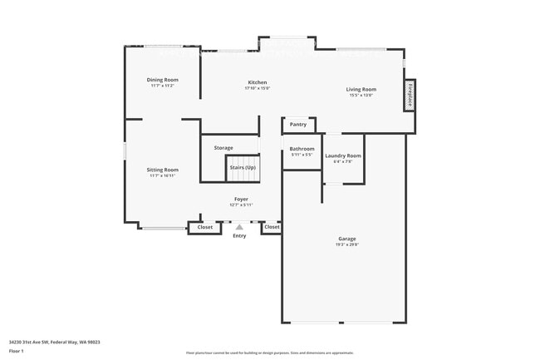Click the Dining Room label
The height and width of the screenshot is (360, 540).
pyautogui.click(x=164, y=80)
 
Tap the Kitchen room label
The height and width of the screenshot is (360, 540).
pyautogui.click(x=258, y=82)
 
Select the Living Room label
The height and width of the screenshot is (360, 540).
pyautogui.click(x=361, y=89)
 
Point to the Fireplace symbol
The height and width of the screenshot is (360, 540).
pyautogui.click(x=409, y=95)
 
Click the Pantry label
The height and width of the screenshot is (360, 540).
pyautogui.click(x=298, y=125)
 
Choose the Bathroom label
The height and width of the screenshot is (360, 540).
pyautogui.click(x=302, y=149)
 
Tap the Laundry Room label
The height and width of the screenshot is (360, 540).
pyautogui.click(x=342, y=155)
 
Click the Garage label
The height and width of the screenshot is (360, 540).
pyautogui.click(x=346, y=239)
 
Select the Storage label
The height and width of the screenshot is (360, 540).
pyautogui.click(x=223, y=148)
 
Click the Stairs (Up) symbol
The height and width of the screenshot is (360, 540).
pyautogui.click(x=243, y=167)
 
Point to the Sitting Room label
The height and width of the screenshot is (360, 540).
pyautogui.click(x=164, y=170)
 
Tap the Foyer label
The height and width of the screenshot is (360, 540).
pyautogui.click(x=241, y=200)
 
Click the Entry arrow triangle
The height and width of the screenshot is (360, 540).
pyautogui.click(x=239, y=226)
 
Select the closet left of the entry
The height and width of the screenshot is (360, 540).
pyautogui.click(x=204, y=227)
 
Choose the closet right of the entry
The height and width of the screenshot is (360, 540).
pyautogui.click(x=272, y=227)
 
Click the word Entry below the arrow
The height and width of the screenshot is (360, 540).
pyautogui.click(x=239, y=236)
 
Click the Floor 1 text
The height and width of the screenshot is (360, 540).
pyautogui.click(x=17, y=350)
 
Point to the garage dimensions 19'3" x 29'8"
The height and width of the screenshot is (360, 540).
pyautogui.click(x=346, y=244)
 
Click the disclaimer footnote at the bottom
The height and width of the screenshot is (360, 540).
pyautogui.click(x=269, y=353)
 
